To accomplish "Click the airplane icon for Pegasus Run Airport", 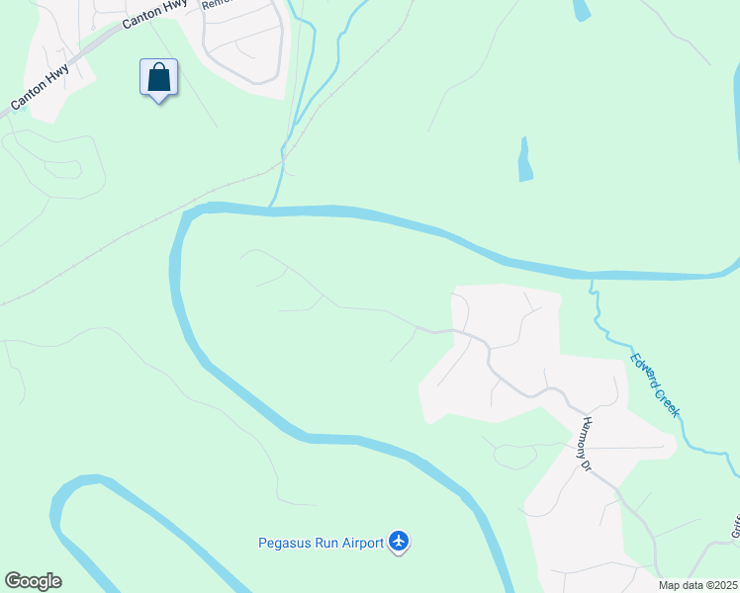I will (399, 541).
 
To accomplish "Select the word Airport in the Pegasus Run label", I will (361, 542).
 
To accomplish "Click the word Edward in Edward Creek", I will (644, 370).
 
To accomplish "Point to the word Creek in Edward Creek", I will (668, 401).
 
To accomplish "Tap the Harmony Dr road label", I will (586, 443).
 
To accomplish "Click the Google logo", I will (33, 581).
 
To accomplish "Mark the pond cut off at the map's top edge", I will (582, 9).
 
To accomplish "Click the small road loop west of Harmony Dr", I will (515, 456).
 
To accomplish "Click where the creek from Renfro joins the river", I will (272, 205).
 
